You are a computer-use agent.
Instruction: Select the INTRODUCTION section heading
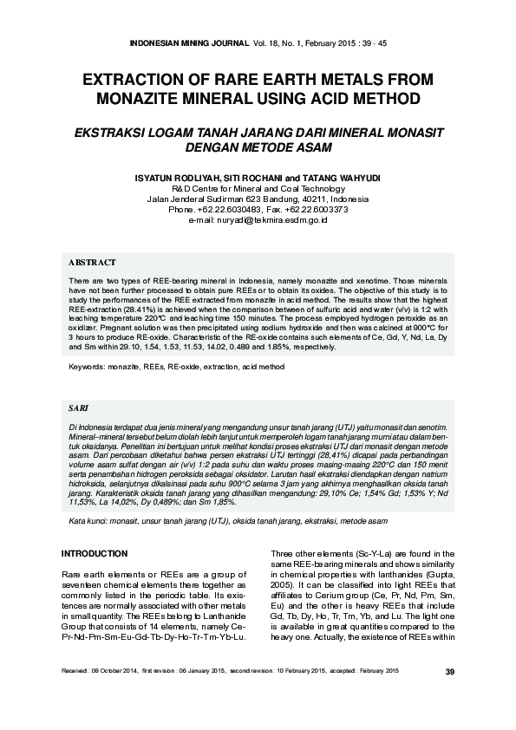tap(95, 553)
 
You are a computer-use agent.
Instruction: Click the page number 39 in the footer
tap(448, 672)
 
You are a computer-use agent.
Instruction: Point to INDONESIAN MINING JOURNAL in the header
tap(190, 41)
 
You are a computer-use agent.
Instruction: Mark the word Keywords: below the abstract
tap(86, 367)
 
